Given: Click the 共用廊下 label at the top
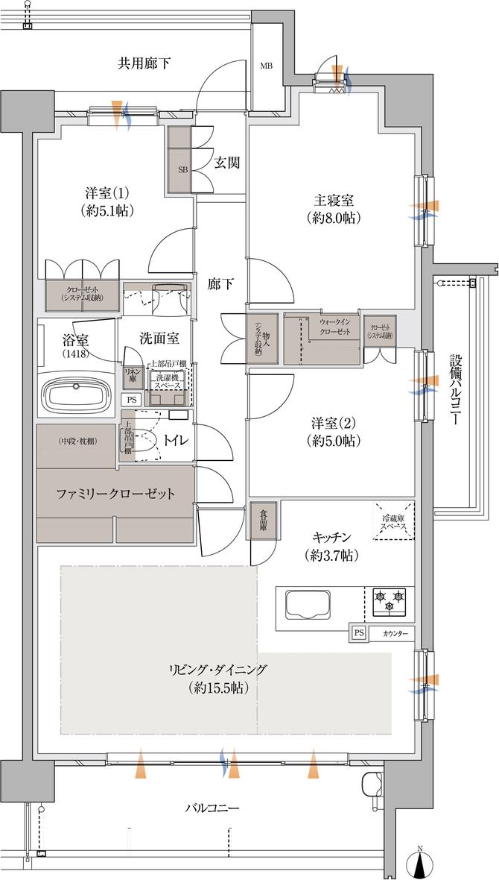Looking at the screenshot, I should coord(144,63).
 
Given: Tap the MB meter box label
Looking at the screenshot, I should coord(266,66).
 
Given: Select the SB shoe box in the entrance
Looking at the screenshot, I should coord(181,169).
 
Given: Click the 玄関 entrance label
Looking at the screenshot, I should coord(226,163).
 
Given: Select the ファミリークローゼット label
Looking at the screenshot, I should coord(116,494).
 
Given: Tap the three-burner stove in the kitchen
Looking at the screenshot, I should coord(390,601).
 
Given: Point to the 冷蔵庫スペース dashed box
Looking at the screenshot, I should coord(392,520).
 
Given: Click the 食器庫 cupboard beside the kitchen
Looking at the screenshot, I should coord(264,521).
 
